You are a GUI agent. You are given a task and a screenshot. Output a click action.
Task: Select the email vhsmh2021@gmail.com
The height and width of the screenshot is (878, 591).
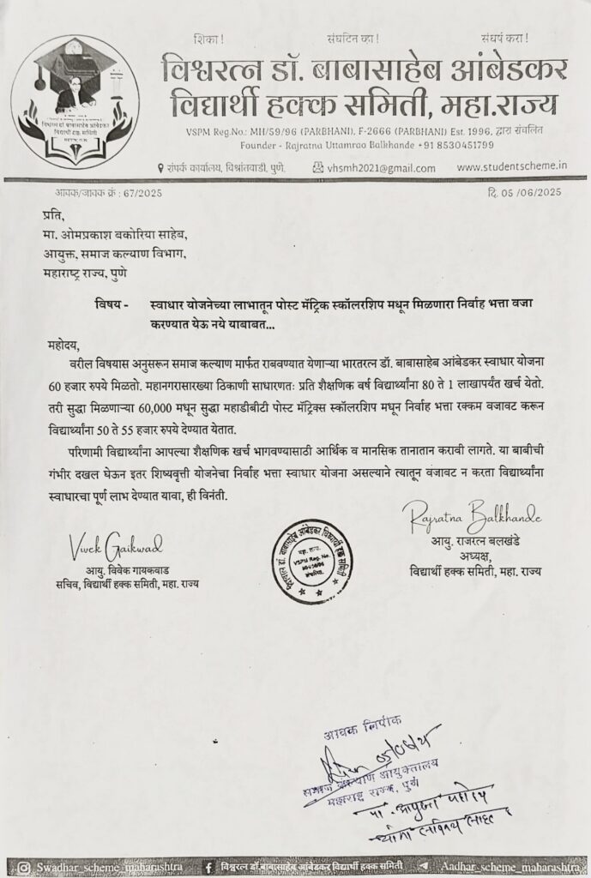pyautogui.click(x=361, y=169)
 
